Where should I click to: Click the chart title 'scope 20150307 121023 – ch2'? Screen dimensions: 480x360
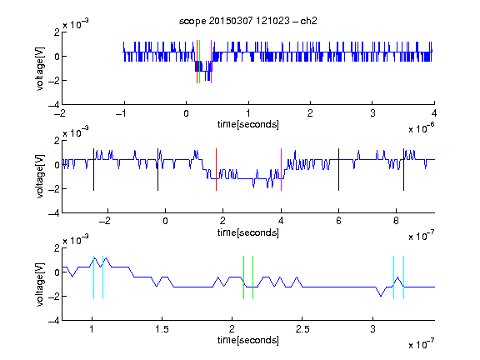[248, 21]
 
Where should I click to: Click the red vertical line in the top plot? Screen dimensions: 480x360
[197, 62]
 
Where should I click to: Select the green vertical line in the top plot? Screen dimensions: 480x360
[200, 62]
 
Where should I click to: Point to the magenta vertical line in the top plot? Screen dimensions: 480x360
[211, 62]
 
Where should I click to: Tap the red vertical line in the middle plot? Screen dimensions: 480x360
[216, 170]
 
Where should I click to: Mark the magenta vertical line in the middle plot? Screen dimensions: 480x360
[281, 170]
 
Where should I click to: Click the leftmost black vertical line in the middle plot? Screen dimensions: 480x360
[93, 170]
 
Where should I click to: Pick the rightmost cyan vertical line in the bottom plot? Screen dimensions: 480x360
[404, 277]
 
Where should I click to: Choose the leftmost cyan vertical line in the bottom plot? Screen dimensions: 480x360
[93, 277]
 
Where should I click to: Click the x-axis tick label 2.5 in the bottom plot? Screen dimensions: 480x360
[302, 329]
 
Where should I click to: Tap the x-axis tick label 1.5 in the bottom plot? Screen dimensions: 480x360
[162, 329]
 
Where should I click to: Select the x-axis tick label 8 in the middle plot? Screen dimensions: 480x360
[396, 221]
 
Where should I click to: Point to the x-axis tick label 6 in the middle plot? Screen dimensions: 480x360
[338, 221]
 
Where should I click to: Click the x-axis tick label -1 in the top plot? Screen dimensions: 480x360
[122, 113]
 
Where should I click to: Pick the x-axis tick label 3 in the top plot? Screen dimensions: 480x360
[372, 113]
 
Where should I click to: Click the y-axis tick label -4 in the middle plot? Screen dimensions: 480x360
[54, 213]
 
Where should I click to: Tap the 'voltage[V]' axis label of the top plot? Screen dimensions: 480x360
[40, 68]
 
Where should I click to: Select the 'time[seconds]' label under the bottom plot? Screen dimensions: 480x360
[248, 340]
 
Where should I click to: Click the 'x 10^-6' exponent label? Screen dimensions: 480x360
[422, 128]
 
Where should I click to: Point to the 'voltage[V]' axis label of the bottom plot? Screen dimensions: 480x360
[40, 284]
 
